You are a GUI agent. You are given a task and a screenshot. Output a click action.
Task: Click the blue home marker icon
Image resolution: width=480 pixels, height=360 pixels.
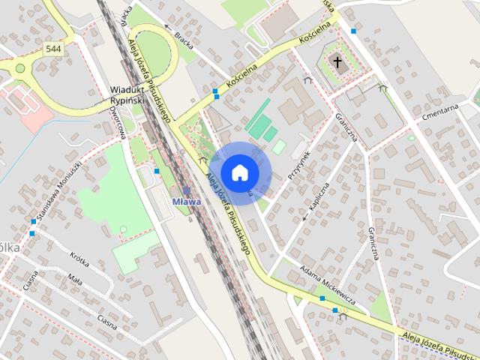239,172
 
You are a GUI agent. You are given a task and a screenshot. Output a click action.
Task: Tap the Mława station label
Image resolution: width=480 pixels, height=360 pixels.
186,202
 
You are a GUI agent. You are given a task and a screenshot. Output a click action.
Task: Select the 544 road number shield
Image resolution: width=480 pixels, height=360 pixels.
52,49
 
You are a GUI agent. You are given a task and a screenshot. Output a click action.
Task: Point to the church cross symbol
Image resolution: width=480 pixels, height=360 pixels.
338,63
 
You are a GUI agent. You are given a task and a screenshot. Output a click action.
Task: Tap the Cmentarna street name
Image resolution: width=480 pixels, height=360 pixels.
439,108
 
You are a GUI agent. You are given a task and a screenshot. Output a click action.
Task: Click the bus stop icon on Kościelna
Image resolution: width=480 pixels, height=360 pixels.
216,93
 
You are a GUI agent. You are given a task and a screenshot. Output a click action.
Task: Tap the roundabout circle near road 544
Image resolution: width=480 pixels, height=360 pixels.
19,68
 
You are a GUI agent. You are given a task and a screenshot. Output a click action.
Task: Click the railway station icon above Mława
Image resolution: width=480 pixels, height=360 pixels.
186,191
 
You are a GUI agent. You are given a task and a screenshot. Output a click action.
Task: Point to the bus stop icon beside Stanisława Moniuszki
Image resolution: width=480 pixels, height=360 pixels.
33,221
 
